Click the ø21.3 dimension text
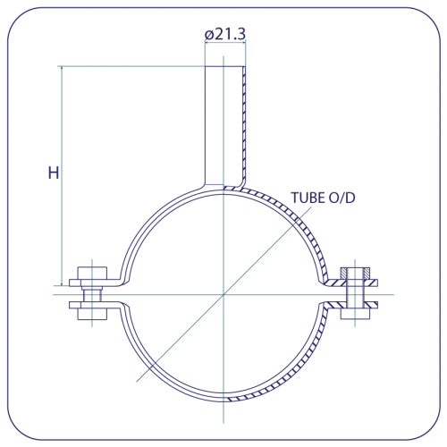pyautogui.click(x=225, y=34)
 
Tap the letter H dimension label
pyautogui.click(x=54, y=173)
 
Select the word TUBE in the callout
pyautogui.click(x=308, y=198)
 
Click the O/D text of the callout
pyautogui.click(x=342, y=198)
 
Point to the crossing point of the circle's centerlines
pyautogui.click(x=223, y=295)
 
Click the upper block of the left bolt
pyautogui.click(x=92, y=273)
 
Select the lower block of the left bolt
pyautogui.click(x=92, y=314)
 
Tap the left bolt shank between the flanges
pyautogui.click(x=92, y=294)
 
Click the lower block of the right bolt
pyautogui.click(x=355, y=314)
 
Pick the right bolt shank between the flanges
pyautogui.click(x=355, y=294)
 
